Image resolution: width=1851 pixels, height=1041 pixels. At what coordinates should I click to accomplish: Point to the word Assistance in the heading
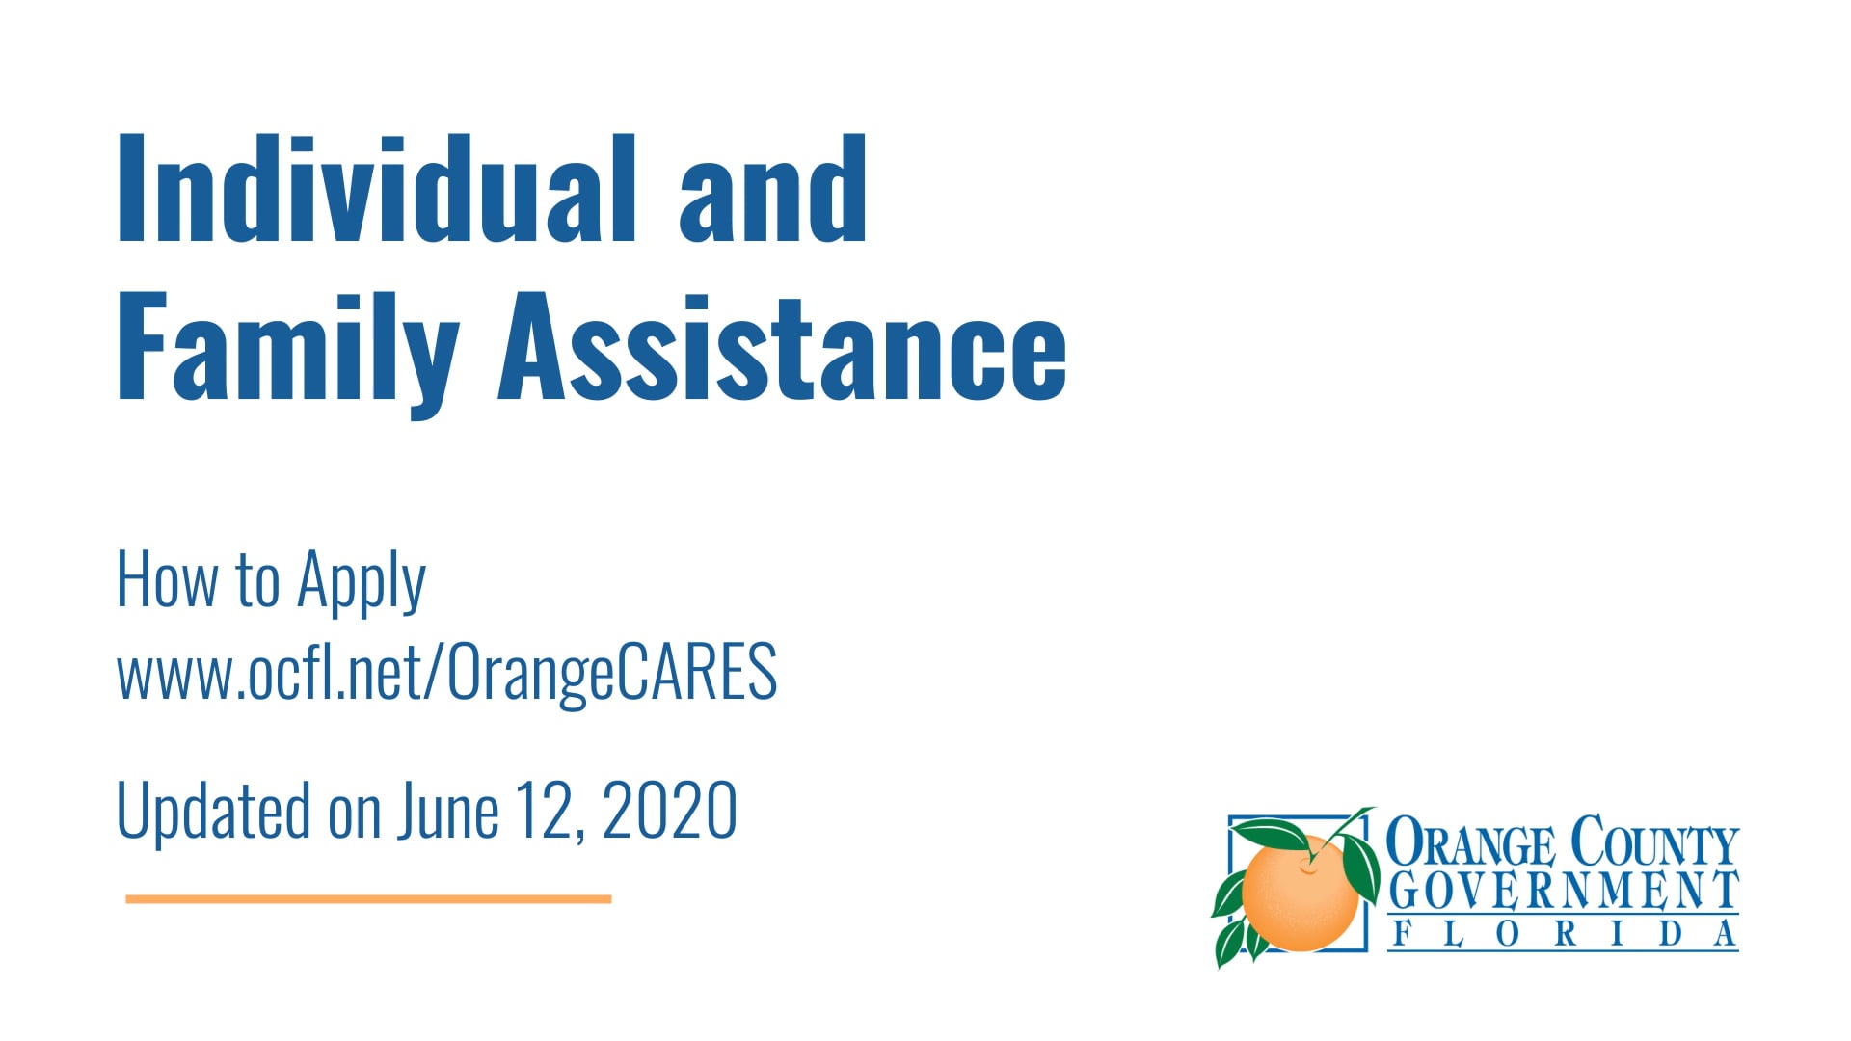tap(782, 349)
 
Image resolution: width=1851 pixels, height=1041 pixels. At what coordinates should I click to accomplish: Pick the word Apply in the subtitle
tap(362, 583)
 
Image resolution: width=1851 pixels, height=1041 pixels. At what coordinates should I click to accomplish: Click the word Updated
tap(213, 812)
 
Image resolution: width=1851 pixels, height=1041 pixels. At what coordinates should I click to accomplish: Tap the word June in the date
tap(448, 812)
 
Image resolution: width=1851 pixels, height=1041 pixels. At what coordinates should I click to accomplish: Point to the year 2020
tap(670, 812)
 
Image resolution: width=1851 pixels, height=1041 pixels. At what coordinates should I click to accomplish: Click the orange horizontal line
tap(368, 899)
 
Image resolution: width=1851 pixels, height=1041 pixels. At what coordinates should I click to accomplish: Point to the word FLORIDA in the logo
tap(1563, 934)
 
